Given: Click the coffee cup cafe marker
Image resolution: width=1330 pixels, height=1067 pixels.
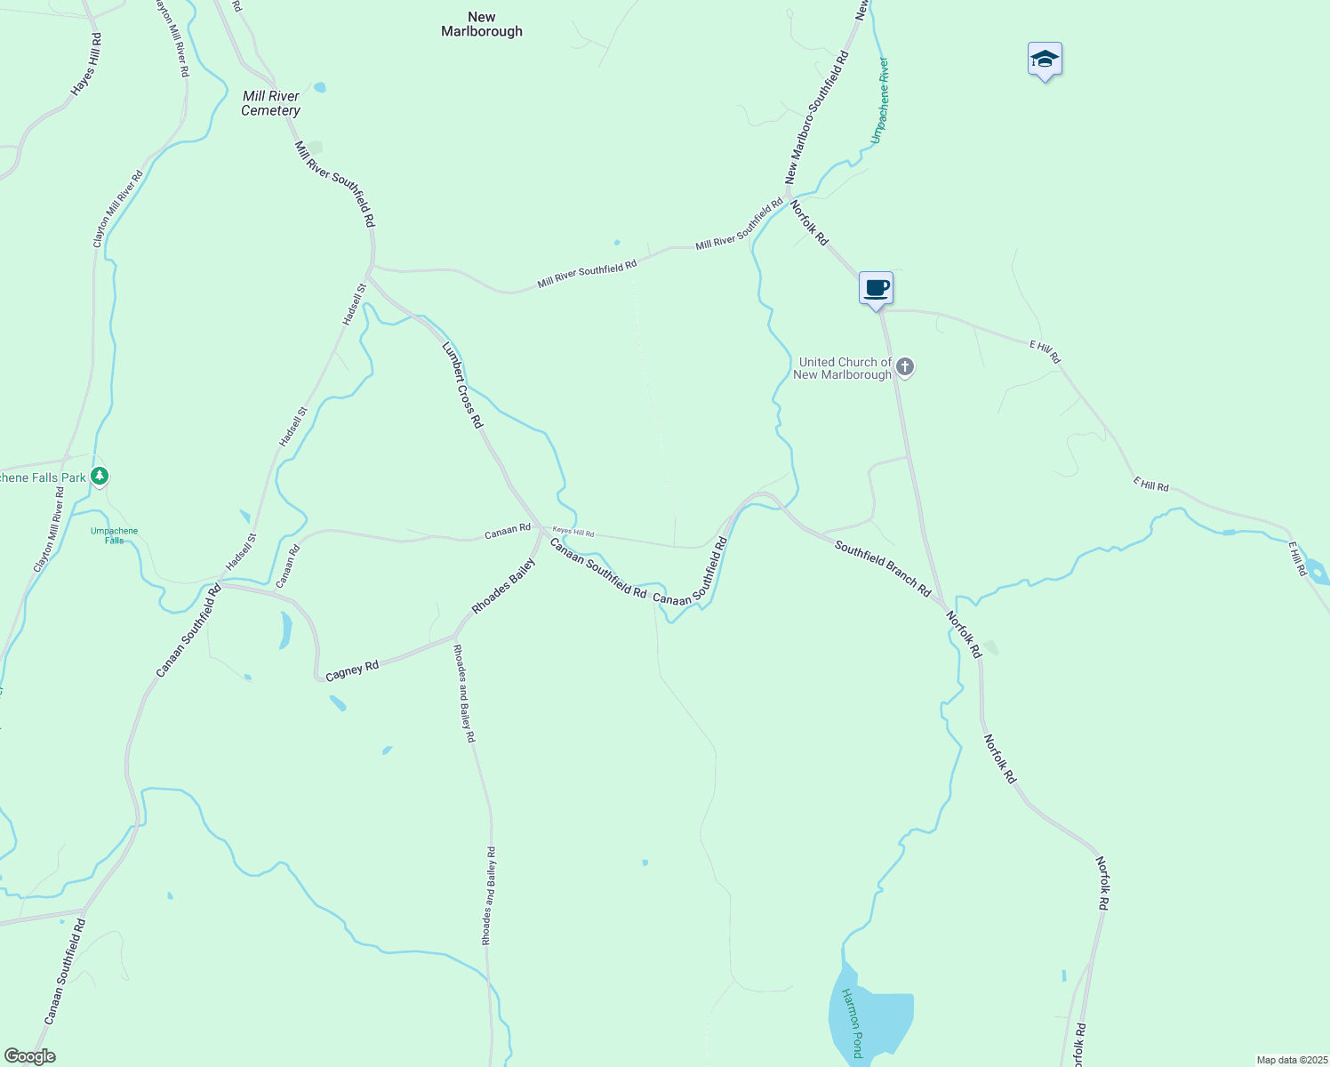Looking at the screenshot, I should coord(876,289).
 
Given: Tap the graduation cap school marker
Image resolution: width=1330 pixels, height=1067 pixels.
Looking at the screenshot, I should coord(1045,60).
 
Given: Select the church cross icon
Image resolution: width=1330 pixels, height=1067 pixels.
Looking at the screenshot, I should coord(905,366).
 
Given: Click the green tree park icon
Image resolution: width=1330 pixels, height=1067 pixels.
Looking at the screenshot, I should coord(100,477).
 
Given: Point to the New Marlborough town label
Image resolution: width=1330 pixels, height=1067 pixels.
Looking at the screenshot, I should coord(482,24).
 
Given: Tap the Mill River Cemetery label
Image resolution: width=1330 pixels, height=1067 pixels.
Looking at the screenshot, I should coord(271,103).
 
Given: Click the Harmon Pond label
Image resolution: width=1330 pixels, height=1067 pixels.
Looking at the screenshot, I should coord(852,1023).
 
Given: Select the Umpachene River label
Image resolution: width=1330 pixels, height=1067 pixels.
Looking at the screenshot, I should coord(879,100).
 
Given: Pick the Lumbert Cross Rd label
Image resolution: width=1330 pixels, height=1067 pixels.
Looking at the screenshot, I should coord(462,384).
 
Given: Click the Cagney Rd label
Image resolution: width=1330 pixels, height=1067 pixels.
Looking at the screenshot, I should coord(352,670).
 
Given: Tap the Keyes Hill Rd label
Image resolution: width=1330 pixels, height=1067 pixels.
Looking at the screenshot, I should coord(573,533).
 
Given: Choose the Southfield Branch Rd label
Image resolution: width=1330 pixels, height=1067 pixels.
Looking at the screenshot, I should coord(883,567).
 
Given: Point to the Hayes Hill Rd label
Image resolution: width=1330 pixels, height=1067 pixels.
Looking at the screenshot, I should coord(86,65).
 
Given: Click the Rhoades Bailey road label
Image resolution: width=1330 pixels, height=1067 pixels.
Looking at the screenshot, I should coord(504,585).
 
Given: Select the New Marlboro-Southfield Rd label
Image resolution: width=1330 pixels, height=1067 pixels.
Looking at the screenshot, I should coord(817,117).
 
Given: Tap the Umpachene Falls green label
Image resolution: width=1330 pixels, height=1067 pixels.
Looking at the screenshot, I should coord(115,535).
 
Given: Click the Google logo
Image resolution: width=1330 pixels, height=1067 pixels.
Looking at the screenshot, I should coord(29,1056).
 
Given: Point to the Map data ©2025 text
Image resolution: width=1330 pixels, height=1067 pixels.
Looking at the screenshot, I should coord(1291,1060).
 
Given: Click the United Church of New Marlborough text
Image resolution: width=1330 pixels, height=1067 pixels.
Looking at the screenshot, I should coord(843,368).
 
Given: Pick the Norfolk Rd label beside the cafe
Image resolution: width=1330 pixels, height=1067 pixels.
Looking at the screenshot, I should coord(809,222).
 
